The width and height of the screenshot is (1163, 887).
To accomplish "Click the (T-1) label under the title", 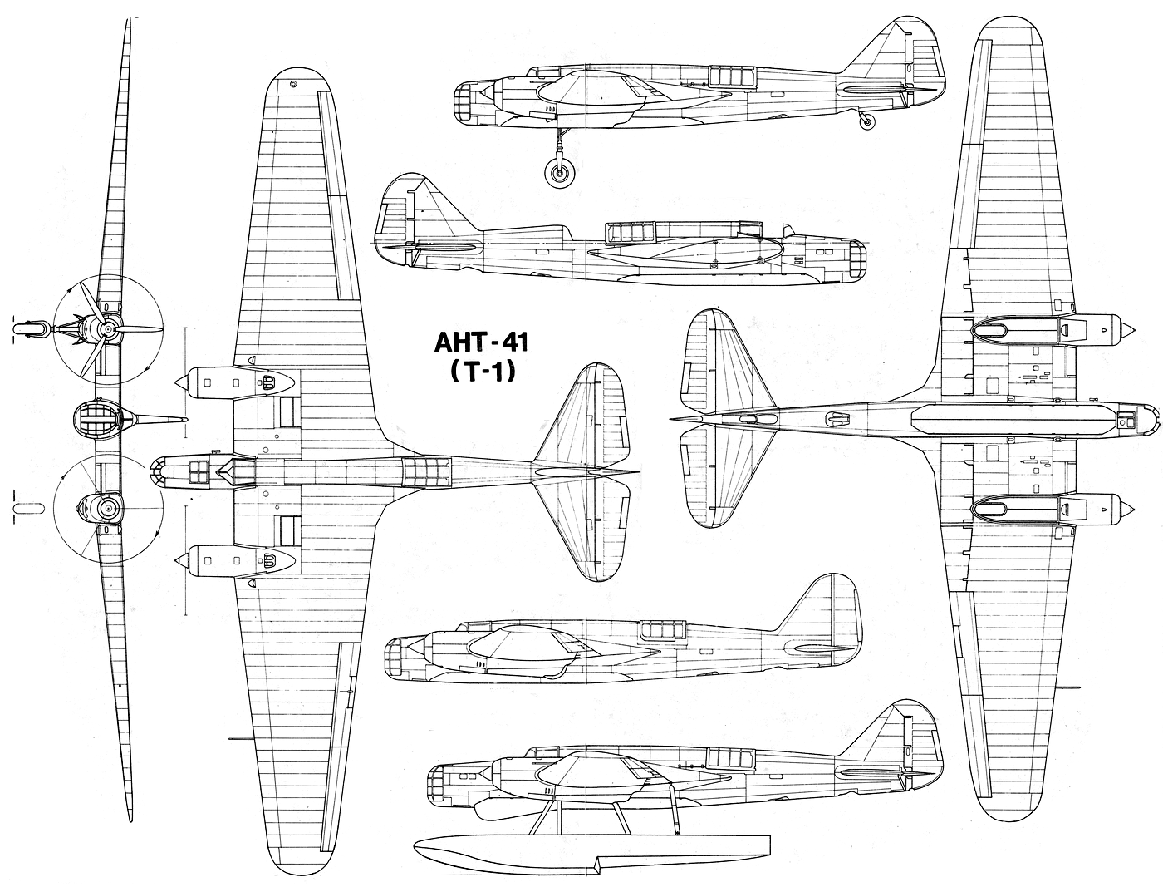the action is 481,373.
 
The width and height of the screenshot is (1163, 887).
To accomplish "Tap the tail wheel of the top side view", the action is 866,122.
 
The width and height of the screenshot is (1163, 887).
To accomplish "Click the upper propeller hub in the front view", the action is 108,329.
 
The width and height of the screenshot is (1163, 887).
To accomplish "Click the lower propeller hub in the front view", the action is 108,509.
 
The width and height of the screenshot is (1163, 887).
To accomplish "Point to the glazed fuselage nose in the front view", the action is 97,419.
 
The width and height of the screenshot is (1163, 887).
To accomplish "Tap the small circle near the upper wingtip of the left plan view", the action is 293,84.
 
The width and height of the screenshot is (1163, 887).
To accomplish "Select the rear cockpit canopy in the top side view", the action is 730,76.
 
